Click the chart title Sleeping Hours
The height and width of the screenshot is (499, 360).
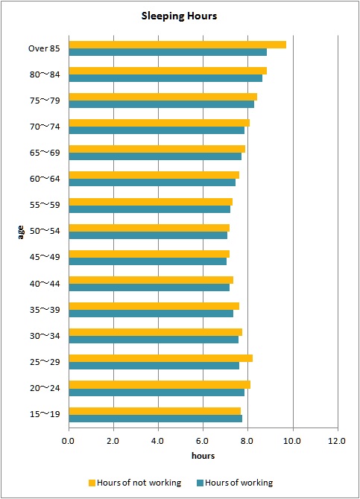coord(180,16)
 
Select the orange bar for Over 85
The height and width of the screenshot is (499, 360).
coord(177,44)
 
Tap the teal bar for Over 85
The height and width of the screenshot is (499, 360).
coord(168,52)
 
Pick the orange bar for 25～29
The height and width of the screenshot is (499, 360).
coord(160,358)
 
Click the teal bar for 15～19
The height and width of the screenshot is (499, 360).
coord(155,419)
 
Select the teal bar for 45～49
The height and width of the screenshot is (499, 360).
coord(148,261)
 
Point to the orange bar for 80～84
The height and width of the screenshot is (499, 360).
coord(168,70)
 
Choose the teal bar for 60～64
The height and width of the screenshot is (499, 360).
coord(152,182)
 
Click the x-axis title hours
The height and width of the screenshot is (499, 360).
coord(203,455)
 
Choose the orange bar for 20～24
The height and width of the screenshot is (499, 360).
coord(160,384)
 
